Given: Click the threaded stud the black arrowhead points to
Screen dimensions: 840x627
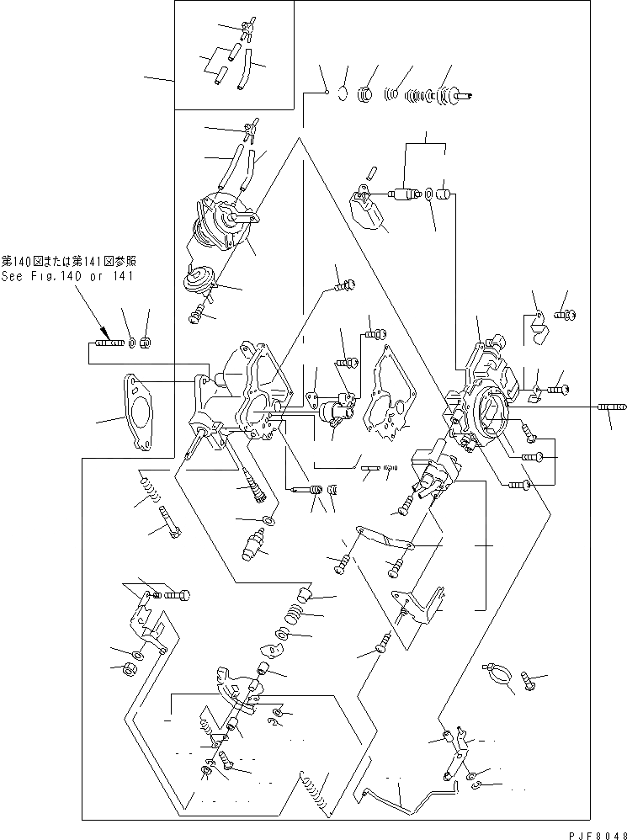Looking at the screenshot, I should click(107, 343).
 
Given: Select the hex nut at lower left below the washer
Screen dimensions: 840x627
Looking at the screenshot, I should click(132, 669).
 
